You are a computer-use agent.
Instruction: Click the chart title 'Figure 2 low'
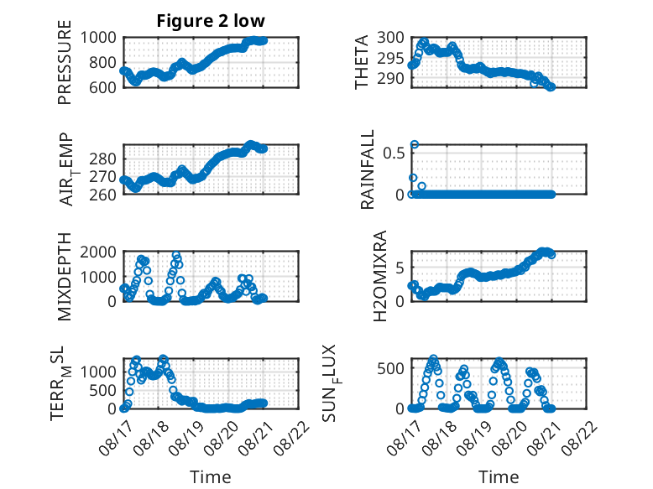click(x=211, y=21)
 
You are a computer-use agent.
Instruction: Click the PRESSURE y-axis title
click(x=65, y=62)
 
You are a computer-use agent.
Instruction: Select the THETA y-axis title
click(x=362, y=62)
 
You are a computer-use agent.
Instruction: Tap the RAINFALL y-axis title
click(x=368, y=169)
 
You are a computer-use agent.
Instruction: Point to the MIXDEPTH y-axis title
click(x=65, y=276)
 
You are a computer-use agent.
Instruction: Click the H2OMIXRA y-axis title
click(x=380, y=276)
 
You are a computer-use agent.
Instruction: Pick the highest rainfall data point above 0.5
click(x=415, y=144)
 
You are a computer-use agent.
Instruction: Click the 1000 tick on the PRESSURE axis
click(x=98, y=38)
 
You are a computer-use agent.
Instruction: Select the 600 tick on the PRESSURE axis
click(x=102, y=87)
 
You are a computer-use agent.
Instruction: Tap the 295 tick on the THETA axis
click(x=390, y=58)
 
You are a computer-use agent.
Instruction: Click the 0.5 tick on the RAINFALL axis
click(x=394, y=153)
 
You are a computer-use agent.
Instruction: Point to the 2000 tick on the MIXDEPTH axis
click(x=98, y=252)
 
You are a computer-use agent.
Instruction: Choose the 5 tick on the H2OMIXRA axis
click(x=400, y=268)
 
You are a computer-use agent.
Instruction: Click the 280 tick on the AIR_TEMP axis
click(x=102, y=159)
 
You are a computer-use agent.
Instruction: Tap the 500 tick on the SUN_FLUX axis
click(x=390, y=368)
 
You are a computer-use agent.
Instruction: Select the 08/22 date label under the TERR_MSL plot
click(x=292, y=437)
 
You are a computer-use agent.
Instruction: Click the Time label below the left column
click(x=211, y=477)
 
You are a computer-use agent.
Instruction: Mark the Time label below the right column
click(x=499, y=477)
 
